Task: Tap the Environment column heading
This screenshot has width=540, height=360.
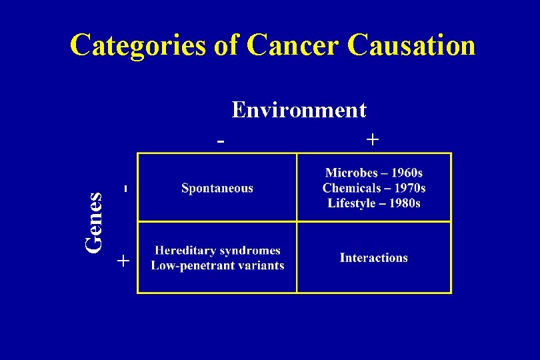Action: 299,109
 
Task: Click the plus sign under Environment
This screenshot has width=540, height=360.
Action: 373,139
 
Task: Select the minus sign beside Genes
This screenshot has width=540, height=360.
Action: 125,189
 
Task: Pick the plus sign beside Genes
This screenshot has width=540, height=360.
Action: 122,261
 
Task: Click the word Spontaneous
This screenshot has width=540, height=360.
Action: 217,188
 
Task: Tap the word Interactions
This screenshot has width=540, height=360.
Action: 373,258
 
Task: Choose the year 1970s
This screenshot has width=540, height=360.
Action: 409,189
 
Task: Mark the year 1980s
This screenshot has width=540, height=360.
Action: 404,203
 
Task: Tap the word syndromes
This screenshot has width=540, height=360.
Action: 248,251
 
